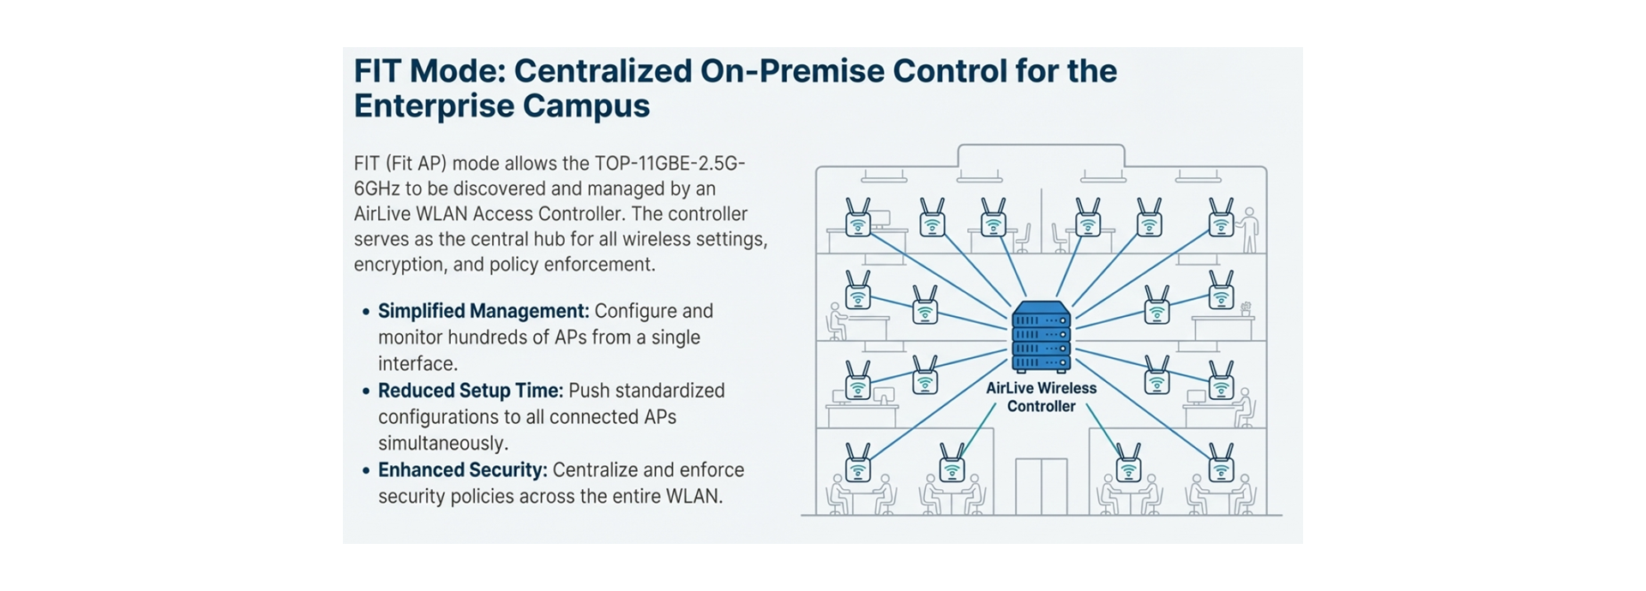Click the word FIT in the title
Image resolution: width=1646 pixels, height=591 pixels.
click(x=378, y=71)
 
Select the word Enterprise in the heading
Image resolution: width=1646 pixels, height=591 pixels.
click(x=433, y=106)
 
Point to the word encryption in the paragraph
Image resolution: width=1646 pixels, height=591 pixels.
click(x=399, y=265)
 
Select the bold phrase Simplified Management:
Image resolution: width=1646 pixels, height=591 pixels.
click(x=484, y=311)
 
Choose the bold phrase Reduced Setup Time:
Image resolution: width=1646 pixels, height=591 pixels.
click(x=471, y=391)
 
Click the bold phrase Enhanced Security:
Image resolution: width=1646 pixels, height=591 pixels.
click(x=462, y=470)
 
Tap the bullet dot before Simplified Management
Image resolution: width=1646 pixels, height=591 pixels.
click(x=366, y=312)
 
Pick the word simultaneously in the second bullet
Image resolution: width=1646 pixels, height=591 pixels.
click(x=443, y=444)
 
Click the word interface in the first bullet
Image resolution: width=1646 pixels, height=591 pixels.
click(x=418, y=364)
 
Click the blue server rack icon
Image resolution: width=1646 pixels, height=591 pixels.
click(x=1041, y=337)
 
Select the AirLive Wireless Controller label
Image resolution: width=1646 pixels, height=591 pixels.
click(x=1041, y=397)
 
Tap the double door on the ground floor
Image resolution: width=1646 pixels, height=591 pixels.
click(x=1041, y=487)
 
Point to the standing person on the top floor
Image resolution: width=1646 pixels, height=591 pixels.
click(x=1250, y=228)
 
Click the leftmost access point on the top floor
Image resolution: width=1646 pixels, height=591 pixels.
click(x=857, y=218)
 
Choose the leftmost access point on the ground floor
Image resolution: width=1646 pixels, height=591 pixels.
click(x=857, y=463)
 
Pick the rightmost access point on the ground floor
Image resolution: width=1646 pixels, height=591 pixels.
click(x=1221, y=463)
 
